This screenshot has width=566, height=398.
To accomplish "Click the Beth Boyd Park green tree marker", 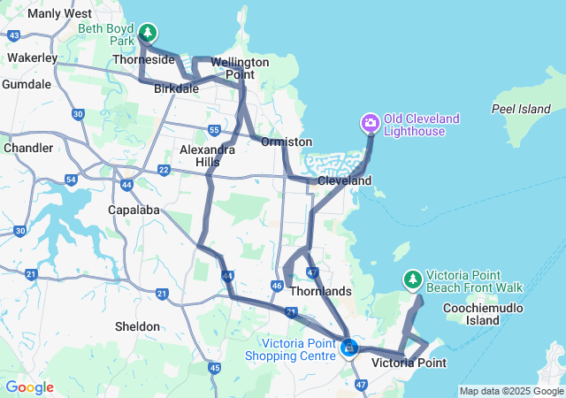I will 149,34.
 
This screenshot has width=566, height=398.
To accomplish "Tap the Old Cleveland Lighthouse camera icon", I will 370,121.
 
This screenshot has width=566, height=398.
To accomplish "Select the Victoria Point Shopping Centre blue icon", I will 349,348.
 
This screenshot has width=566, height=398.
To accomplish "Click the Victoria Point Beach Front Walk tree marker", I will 412,279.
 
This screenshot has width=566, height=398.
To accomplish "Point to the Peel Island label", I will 521,109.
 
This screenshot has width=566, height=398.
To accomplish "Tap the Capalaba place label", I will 132,210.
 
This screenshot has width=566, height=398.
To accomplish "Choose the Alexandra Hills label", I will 207,157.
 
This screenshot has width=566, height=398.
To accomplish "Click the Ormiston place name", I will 287,142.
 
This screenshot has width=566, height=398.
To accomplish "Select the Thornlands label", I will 320,291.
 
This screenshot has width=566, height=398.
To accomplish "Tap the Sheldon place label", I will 138,326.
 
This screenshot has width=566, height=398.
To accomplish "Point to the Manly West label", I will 59,14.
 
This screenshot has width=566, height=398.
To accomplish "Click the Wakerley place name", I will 32,57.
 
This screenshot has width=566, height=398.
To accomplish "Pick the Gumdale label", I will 27,84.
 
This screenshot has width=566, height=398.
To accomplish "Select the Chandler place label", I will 28,148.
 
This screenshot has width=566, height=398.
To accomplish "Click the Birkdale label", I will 176,89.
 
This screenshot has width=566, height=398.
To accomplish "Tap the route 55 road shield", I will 214,131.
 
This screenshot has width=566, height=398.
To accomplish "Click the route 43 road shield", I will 13,35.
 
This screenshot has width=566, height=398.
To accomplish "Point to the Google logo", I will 28,387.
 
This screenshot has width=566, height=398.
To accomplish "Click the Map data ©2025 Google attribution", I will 510,391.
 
